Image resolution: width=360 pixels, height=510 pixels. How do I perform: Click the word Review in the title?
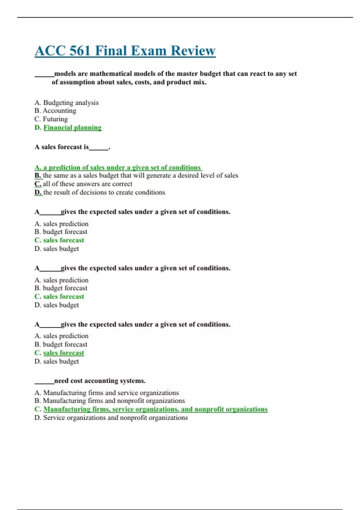click(x=193, y=51)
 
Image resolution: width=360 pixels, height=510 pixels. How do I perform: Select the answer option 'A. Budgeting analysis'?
click(x=66, y=103)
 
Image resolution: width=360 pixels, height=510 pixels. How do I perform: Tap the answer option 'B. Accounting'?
click(x=55, y=111)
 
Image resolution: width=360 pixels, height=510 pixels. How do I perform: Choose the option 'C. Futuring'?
click(x=51, y=119)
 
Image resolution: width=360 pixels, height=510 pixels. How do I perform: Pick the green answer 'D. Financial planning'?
click(x=68, y=127)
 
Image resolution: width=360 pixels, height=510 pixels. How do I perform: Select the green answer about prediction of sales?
click(x=118, y=167)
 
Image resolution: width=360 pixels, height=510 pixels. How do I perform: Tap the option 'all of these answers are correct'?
click(x=87, y=184)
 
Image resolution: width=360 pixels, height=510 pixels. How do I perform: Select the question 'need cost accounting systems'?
click(x=100, y=381)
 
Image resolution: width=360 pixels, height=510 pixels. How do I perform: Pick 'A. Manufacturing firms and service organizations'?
click(x=106, y=393)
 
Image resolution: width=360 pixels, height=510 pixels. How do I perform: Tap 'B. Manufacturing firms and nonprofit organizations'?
click(x=109, y=401)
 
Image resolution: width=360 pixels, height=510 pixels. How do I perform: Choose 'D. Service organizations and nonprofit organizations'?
click(x=111, y=418)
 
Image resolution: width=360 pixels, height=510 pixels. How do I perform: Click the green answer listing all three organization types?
click(x=151, y=409)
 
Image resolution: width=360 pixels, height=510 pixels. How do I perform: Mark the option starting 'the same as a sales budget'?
click(x=140, y=175)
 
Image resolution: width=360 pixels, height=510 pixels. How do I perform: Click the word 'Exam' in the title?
click(x=148, y=51)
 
